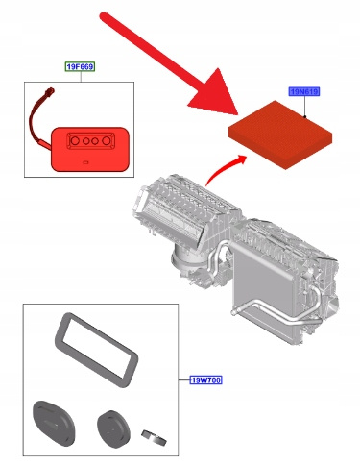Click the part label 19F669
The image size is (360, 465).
pos(81,66)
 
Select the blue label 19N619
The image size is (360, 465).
pos(304,92)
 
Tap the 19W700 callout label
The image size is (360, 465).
pos(205,380)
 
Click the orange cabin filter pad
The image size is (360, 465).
pos(280,135)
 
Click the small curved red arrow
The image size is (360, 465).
pos(224,168)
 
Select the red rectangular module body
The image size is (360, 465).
pos(90,149)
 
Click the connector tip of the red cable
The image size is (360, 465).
pos(50,91)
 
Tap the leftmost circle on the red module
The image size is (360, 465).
pos(75,141)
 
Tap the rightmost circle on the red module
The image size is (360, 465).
pos(107,141)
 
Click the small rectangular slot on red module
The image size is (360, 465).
pos(85,162)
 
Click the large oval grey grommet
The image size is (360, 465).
pos(54,423)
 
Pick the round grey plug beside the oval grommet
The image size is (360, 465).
pos(113,428)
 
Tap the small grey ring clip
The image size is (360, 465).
pos(154,437)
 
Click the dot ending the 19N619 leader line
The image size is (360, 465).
pos(304,116)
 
